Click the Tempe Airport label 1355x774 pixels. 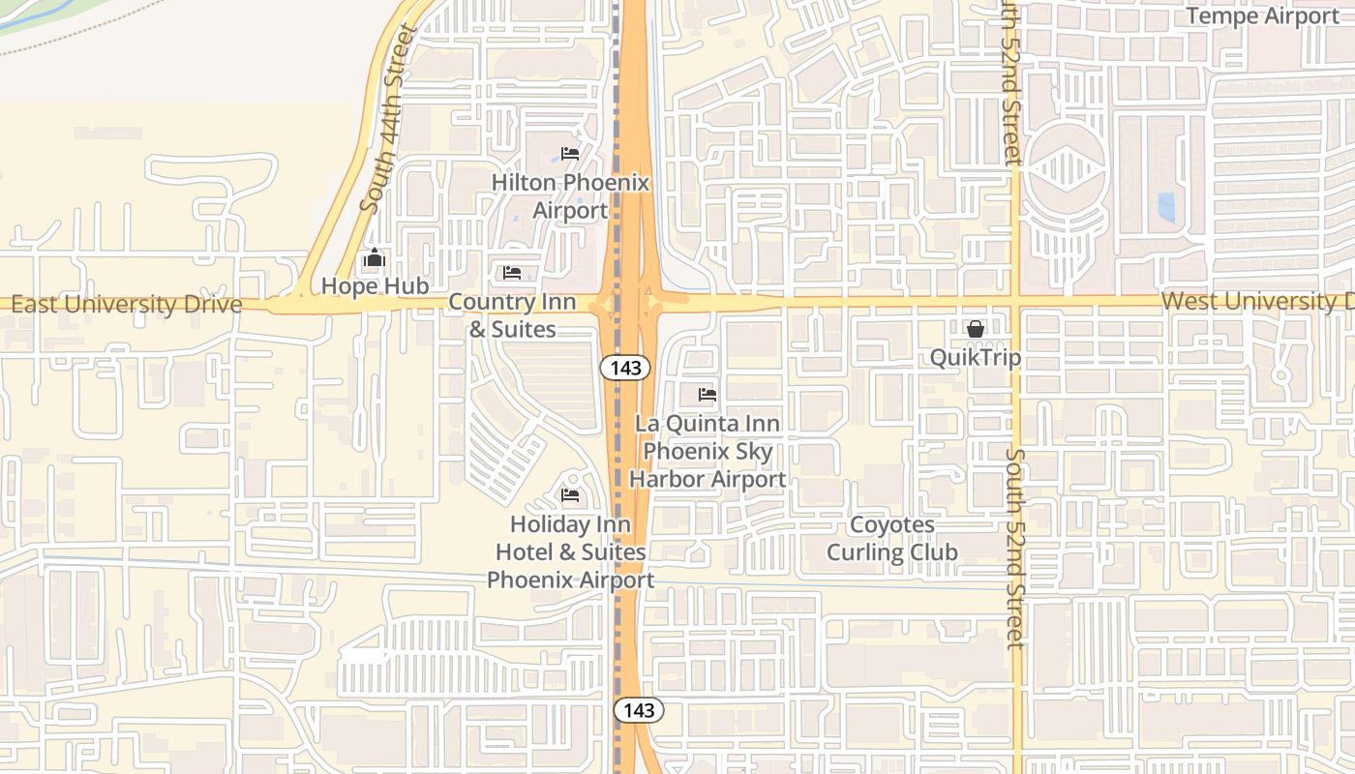[1263, 15]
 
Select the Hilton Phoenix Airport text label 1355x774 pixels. [570, 196]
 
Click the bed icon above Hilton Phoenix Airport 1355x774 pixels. [570, 154]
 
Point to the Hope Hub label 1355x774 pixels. [375, 286]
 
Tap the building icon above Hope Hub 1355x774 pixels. [375, 258]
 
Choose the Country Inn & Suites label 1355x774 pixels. [512, 315]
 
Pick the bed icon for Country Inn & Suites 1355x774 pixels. [512, 273]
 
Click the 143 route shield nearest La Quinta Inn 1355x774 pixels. [624, 368]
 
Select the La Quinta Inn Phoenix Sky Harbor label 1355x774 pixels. [708, 451]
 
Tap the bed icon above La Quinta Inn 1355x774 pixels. [708, 395]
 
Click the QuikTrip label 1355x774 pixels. [975, 358]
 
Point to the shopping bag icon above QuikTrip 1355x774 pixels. [975, 329]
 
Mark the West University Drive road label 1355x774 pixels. [1256, 301]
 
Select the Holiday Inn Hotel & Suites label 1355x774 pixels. [570, 551]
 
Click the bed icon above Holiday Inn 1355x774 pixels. [570, 495]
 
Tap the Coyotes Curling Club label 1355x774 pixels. [891, 539]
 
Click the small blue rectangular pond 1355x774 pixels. [1166, 208]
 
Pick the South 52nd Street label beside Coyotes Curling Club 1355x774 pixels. [1014, 548]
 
